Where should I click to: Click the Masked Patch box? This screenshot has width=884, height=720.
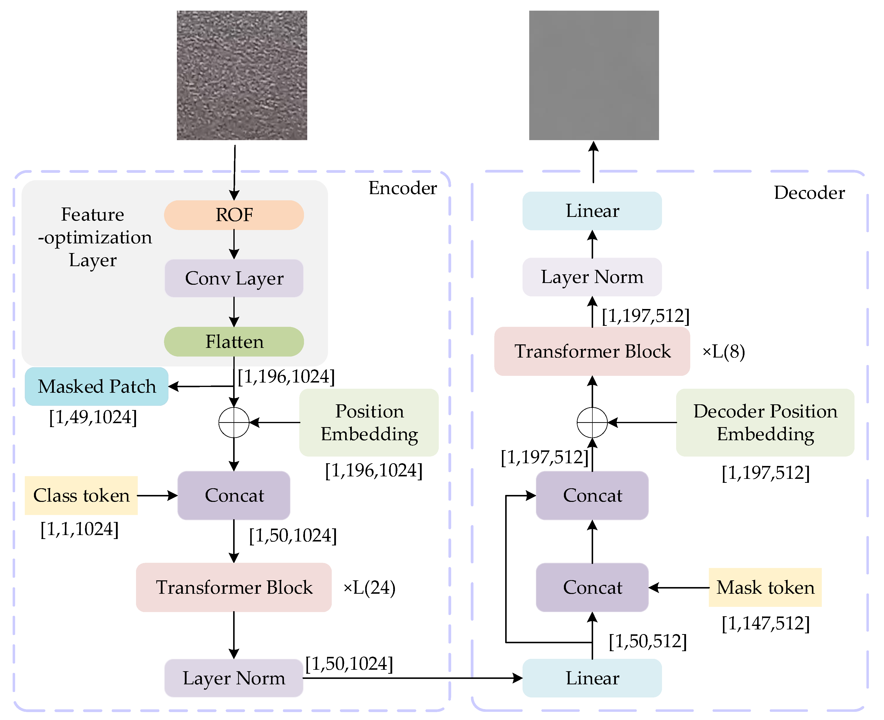tap(97, 386)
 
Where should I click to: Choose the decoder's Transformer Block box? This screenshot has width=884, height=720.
tap(592, 351)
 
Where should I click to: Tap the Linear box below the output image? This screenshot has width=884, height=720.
tap(592, 211)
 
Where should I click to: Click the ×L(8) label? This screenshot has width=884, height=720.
tap(723, 352)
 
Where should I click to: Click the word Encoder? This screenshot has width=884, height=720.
tap(403, 188)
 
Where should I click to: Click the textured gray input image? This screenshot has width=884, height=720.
tap(242, 76)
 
